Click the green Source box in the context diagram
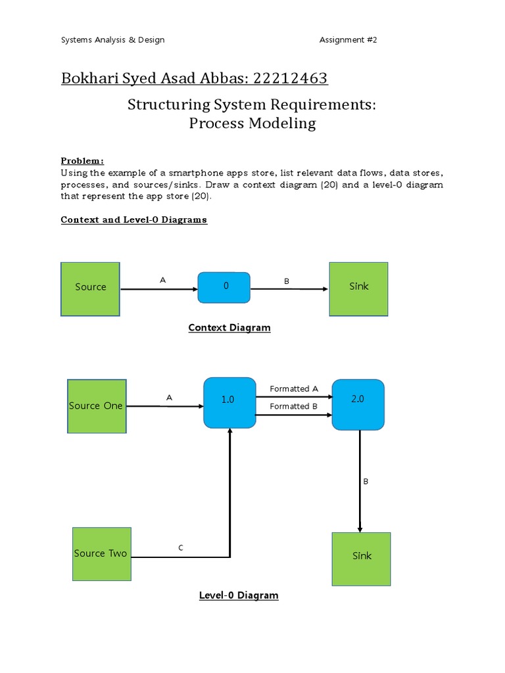coord(90,289)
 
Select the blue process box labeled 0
coord(224,287)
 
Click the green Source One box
coord(97,406)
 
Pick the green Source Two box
coord(101,553)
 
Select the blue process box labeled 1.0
coord(229,402)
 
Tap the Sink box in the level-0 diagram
coord(361,559)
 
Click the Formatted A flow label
coord(293,389)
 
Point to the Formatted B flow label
coord(293,406)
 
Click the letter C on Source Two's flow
coord(181,547)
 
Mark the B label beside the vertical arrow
coord(366,482)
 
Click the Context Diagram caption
coord(229,327)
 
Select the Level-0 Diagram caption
coord(239,595)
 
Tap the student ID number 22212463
coord(291,79)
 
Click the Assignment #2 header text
coord(348,40)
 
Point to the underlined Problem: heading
coord(82,161)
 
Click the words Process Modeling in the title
coord(252,124)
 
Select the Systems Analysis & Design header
coord(112,40)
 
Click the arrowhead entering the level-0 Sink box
coord(360,529)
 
